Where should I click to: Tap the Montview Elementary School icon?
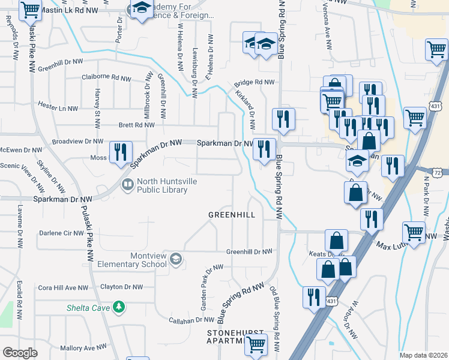click(175, 259)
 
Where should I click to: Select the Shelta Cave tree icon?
click(119, 307)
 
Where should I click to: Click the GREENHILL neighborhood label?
click(232, 214)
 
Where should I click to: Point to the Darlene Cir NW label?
click(62, 233)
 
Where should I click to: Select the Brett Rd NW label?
click(137, 125)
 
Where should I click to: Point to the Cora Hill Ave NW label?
click(63, 287)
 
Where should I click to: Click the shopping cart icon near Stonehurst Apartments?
click(256, 344)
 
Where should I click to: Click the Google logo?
click(19, 353)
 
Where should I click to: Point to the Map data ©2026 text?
click(423, 355)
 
